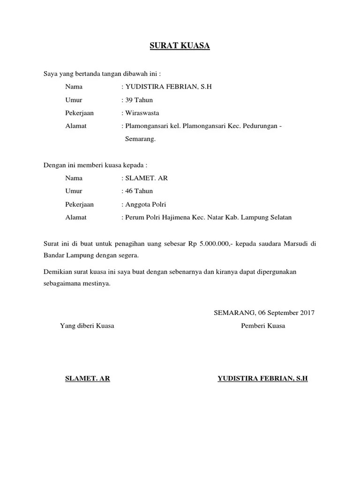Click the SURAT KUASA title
[180, 46]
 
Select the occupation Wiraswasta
[142, 113]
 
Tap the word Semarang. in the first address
[140, 139]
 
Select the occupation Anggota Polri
[145, 204]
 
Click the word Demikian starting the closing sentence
[57, 272]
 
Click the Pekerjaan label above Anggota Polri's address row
[80, 204]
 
